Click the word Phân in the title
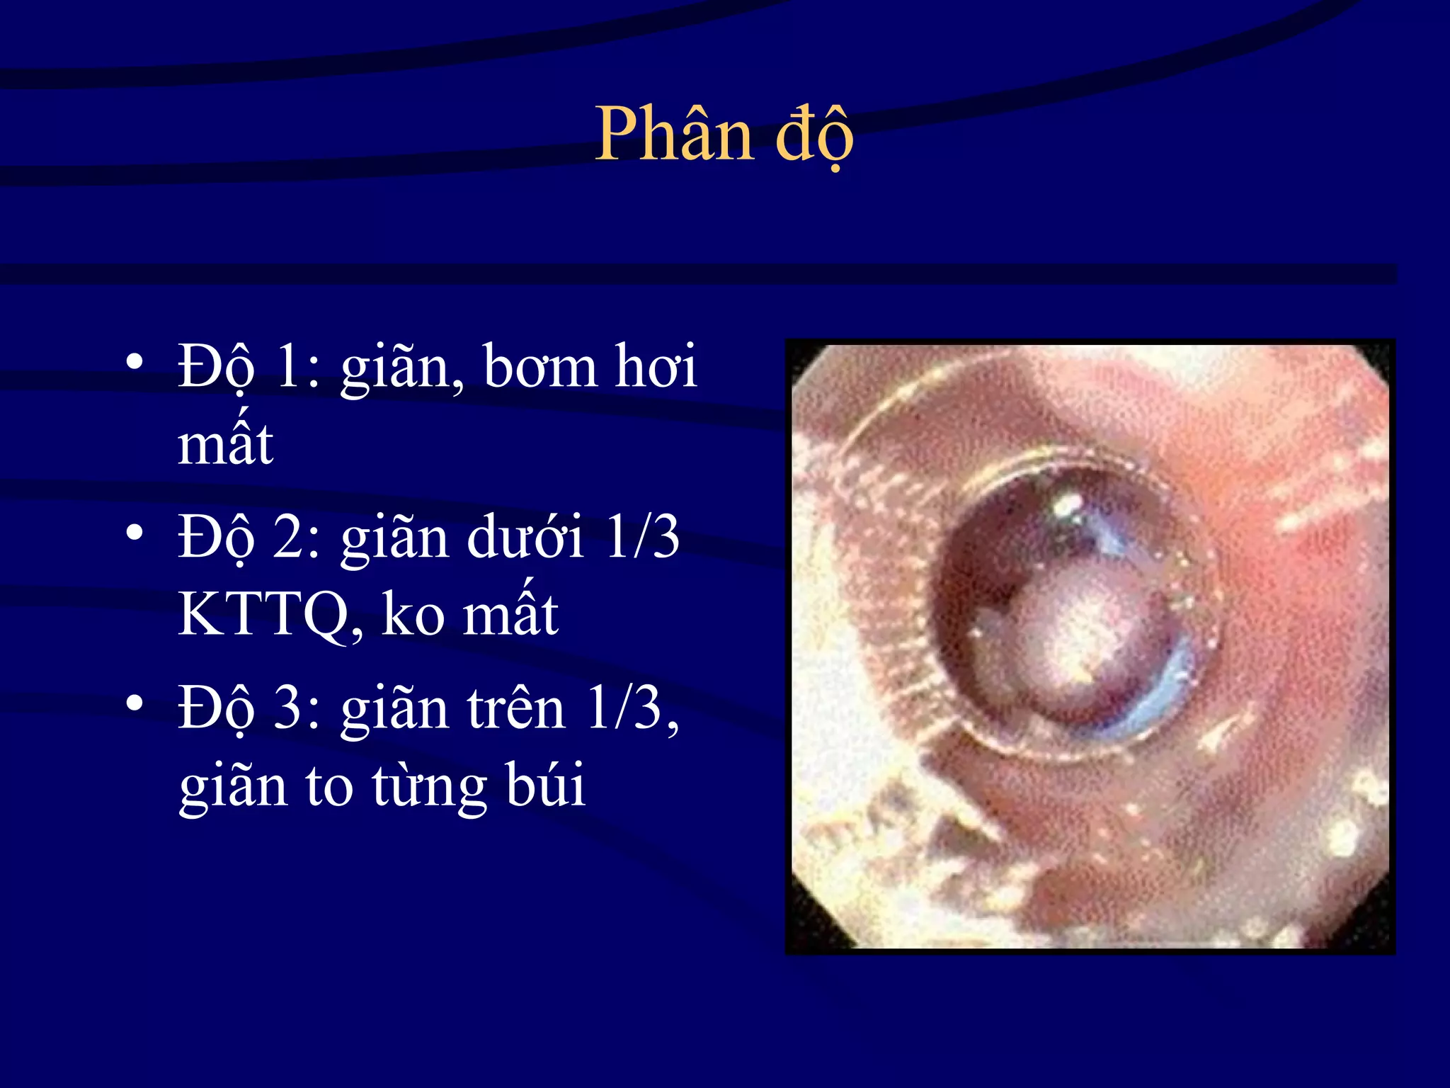click(673, 135)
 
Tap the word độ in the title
click(814, 135)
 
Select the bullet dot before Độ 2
click(135, 532)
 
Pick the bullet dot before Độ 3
click(135, 703)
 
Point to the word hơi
click(656, 367)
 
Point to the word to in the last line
click(329, 785)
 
